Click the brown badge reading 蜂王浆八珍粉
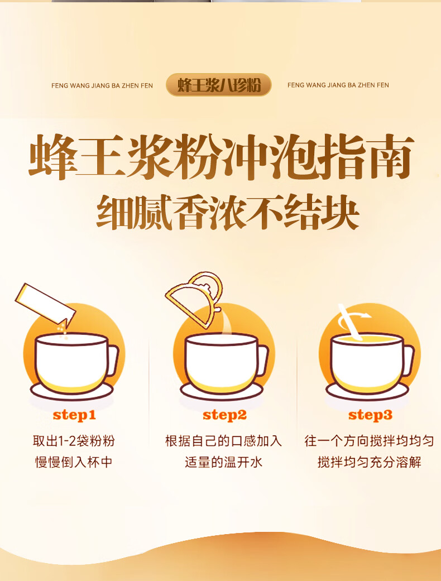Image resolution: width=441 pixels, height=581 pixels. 219,85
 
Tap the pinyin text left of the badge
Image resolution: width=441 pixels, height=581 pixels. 102,85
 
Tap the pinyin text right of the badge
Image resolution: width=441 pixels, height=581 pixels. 338,85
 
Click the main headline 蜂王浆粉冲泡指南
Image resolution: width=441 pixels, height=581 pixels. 221,157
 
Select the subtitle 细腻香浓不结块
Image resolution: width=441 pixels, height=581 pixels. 228,212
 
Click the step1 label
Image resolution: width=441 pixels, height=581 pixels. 74,415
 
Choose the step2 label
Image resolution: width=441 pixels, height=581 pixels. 224,415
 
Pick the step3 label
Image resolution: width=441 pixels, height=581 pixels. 370,415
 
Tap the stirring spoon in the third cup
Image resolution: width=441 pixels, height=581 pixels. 350,323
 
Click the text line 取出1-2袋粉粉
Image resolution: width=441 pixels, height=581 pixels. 74,441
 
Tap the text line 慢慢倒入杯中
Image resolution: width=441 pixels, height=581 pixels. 74,462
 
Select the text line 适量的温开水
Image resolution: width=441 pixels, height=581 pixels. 223,462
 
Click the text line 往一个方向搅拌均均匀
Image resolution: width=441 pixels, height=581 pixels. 369,441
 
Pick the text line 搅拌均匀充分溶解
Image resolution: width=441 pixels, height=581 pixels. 369,462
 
